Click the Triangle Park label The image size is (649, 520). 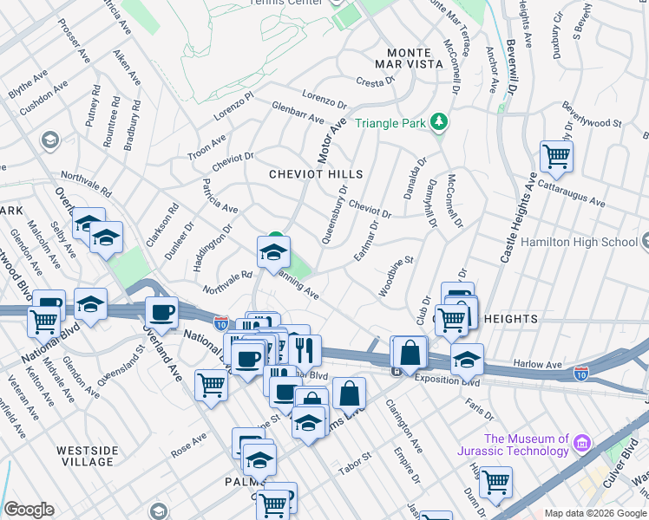point(390,123)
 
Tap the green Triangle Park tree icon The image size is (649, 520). point(440,122)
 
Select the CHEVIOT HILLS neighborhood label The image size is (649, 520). point(315,174)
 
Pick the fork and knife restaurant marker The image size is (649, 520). point(304,350)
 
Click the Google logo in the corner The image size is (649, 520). point(29,510)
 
